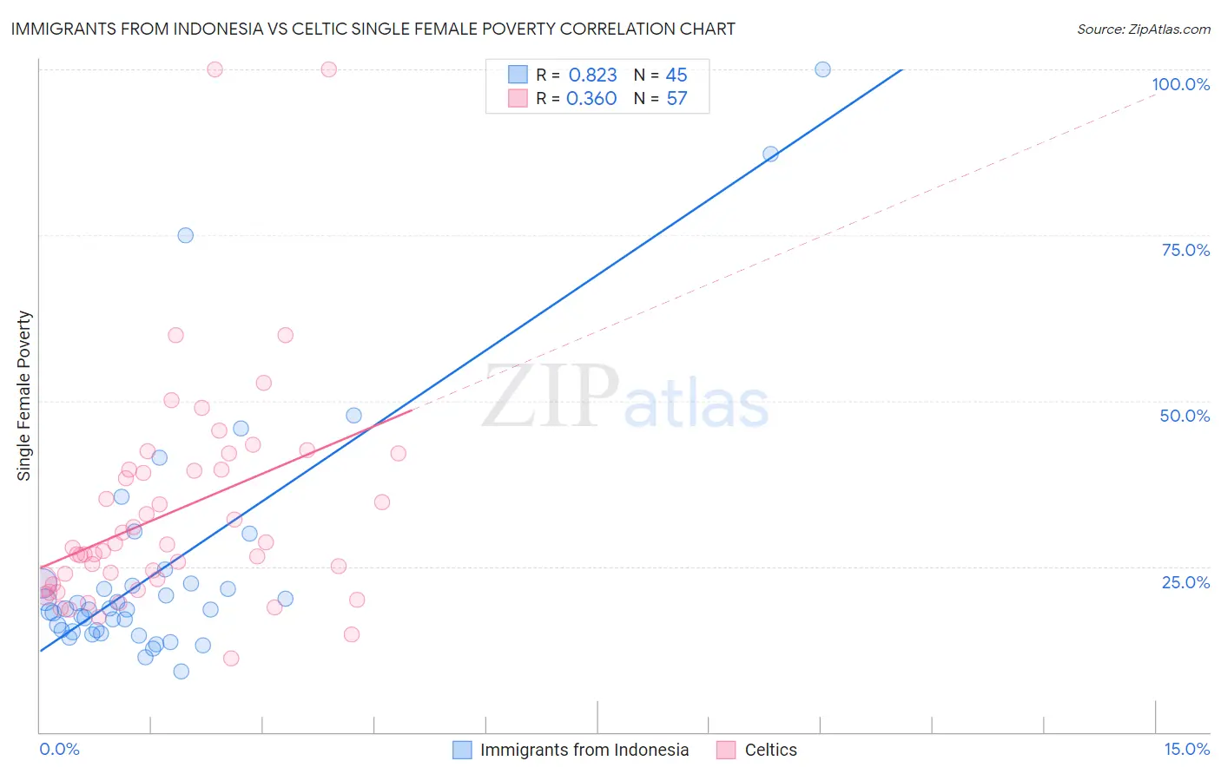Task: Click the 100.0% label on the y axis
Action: coord(1180,84)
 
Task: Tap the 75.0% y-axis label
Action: coord(1185,250)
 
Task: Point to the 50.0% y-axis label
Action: coord(1185,416)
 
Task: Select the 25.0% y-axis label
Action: coord(1185,581)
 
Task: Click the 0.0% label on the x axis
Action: coord(59,749)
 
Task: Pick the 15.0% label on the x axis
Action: coord(1186,749)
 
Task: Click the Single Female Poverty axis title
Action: coord(24,396)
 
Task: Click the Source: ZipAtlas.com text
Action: coord(1143,29)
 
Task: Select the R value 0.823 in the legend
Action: coord(592,75)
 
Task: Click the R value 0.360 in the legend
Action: coord(591,99)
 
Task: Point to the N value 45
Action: coord(676,75)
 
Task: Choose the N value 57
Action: coord(676,99)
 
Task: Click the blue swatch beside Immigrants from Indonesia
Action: coord(462,750)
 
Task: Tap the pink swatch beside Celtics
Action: coord(726,750)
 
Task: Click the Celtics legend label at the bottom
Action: coord(770,750)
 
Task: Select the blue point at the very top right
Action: coord(822,69)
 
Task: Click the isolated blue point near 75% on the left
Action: coord(185,235)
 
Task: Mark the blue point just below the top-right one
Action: coord(770,154)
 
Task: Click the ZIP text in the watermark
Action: coord(551,397)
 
